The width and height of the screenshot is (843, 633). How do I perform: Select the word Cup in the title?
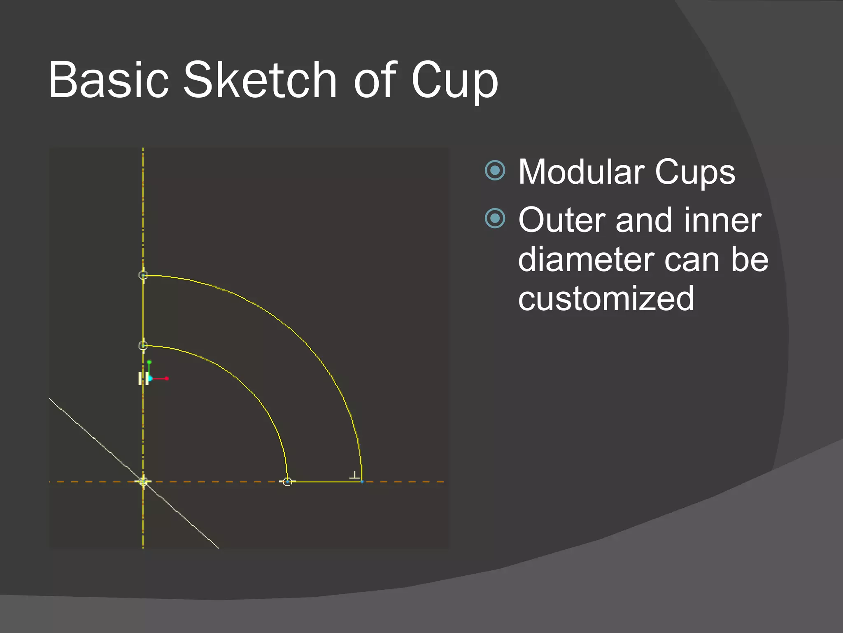(x=454, y=81)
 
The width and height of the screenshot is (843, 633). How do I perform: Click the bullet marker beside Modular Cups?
(x=495, y=170)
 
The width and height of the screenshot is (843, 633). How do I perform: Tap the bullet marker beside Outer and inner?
(x=495, y=218)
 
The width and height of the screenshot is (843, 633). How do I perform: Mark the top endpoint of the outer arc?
(x=143, y=275)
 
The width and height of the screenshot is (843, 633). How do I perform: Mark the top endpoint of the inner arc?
(x=143, y=345)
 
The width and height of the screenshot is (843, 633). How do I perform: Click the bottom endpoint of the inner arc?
(x=287, y=481)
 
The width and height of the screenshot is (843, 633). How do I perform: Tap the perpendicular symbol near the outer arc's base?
(x=354, y=476)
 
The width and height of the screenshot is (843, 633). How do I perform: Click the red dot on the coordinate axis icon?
(x=167, y=378)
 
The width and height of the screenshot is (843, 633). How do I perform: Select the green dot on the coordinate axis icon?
(x=149, y=362)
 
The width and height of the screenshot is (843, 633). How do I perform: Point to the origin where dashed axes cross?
(x=143, y=481)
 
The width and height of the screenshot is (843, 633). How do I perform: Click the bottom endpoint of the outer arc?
(x=362, y=481)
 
